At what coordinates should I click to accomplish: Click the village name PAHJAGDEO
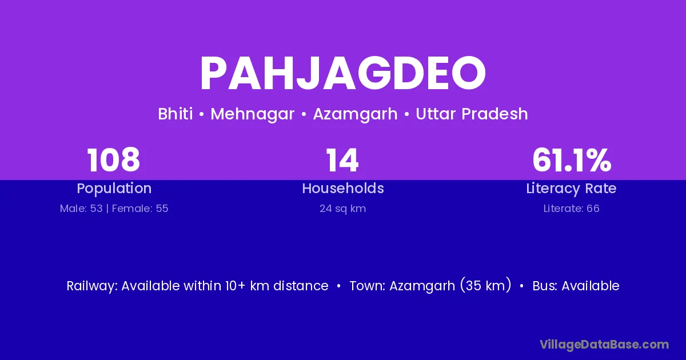(342, 73)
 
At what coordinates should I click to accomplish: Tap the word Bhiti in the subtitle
(176, 114)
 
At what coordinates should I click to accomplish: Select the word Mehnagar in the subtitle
(252, 114)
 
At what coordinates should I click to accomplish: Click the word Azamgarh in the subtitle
(355, 114)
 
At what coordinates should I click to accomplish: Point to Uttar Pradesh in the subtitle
(472, 114)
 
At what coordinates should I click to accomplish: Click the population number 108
(114, 160)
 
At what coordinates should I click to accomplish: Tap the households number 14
(342, 160)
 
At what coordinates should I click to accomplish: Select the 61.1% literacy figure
(572, 160)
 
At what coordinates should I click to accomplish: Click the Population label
(114, 189)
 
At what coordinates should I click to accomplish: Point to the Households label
(343, 188)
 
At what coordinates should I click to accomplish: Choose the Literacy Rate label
(571, 189)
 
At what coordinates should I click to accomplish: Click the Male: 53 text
(81, 209)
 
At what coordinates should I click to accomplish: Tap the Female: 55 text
(140, 209)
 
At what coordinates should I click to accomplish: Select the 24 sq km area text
(342, 209)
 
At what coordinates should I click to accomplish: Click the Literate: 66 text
(572, 209)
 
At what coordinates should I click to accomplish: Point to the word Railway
(92, 286)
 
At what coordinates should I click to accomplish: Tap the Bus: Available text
(576, 286)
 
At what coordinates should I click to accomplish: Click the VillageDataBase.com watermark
(604, 345)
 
